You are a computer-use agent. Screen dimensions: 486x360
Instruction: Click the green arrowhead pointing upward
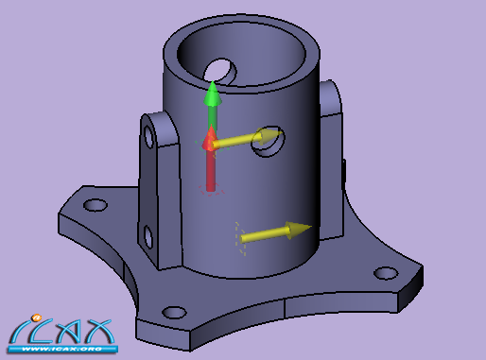[x=213, y=94]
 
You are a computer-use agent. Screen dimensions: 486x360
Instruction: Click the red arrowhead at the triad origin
[x=209, y=138]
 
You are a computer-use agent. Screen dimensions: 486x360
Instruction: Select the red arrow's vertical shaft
[x=211, y=170]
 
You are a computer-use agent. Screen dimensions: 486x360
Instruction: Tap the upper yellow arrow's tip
[x=282, y=133]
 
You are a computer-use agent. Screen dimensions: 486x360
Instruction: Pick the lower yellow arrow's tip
[x=311, y=227]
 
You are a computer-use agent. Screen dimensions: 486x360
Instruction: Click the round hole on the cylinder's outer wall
[x=268, y=142]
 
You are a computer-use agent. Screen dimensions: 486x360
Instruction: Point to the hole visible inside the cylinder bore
[x=220, y=71]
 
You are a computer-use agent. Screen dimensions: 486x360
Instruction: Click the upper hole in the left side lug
[x=148, y=136]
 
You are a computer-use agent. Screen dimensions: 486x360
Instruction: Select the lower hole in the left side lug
[x=148, y=236]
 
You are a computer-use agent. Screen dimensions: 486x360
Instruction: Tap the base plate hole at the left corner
[x=95, y=205]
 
